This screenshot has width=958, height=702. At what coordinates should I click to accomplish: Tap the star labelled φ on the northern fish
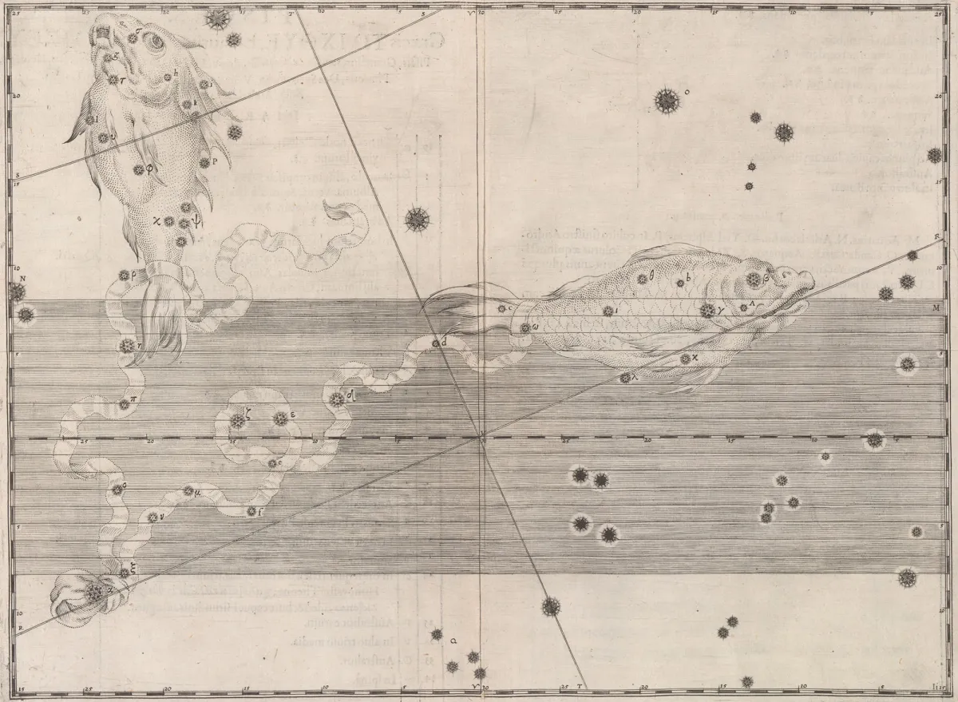(138, 169)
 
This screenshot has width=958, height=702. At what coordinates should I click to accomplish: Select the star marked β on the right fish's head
(753, 280)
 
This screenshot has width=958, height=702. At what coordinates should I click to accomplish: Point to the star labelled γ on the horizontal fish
(707, 311)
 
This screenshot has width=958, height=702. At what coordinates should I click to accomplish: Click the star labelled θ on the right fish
(642, 280)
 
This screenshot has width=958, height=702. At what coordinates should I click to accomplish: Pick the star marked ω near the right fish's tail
(525, 327)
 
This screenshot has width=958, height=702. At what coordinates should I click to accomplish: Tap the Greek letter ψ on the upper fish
(196, 224)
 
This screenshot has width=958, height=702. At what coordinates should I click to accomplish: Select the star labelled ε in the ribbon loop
(279, 418)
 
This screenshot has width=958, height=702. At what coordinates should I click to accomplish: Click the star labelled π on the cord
(125, 405)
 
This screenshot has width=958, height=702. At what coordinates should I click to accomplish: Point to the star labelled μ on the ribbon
(188, 491)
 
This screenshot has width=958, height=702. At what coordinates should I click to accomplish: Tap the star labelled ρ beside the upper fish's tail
(125, 276)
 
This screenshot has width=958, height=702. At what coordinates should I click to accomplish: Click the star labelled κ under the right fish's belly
(685, 359)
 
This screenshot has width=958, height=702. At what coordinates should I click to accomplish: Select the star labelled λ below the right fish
(625, 378)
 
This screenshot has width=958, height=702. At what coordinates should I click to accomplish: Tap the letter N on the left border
(23, 278)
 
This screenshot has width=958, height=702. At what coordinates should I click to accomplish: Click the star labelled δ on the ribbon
(337, 399)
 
